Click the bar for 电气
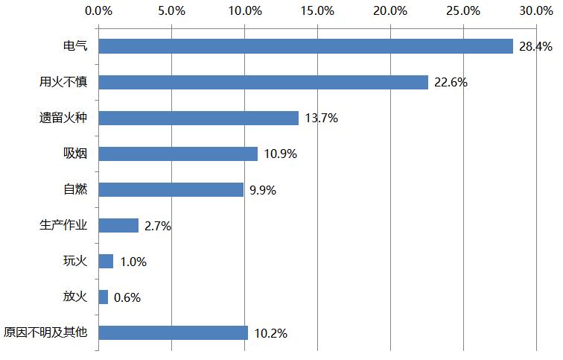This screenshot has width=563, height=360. point(305,46)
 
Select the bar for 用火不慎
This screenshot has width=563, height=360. point(263,82)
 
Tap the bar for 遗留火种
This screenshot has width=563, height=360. point(198,118)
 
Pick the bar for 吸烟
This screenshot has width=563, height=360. point(178,154)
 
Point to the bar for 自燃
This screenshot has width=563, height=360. point(171,189)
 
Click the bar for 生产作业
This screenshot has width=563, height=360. point(118,225)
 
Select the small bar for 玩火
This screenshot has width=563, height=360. point(106,261)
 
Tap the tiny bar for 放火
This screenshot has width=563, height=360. point(103,297)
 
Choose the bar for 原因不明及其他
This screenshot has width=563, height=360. point(173,332)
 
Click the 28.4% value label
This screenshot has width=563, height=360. point(535,47)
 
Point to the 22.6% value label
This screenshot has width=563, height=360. point(450,83)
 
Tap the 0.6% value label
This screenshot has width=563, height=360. point(127,297)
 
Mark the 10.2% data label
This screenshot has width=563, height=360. point(270,333)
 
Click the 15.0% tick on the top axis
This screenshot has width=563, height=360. point(318,10)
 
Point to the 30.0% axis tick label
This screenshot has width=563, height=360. point(537,10)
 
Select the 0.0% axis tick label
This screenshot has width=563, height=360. point(98,10)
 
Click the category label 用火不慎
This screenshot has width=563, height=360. point(63,82)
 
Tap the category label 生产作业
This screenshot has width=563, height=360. point(63,225)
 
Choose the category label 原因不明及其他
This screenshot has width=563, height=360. point(45,332)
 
